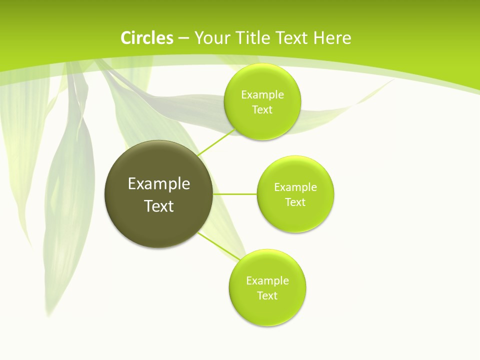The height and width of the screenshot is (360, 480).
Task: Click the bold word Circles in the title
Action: (x=147, y=38)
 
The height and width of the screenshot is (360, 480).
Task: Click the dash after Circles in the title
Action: (x=183, y=38)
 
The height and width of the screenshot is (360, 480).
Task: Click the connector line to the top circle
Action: (x=216, y=142)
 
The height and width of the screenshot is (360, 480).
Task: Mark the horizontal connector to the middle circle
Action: (x=235, y=194)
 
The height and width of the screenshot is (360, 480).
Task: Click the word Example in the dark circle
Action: (x=159, y=184)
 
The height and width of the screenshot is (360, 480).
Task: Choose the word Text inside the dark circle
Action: (x=159, y=206)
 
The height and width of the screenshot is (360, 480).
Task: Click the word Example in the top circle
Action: (x=262, y=94)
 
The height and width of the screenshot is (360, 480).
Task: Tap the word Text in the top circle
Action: (x=262, y=109)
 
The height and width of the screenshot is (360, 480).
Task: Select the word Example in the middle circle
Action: (x=295, y=187)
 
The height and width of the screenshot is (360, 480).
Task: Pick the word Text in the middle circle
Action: (x=295, y=202)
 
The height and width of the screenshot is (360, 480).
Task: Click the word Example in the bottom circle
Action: (x=267, y=280)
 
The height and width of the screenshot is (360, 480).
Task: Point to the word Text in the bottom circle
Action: (x=267, y=295)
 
